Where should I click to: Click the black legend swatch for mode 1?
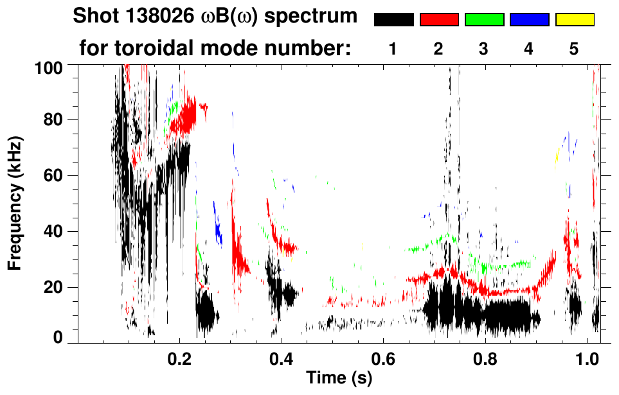tap(393, 20)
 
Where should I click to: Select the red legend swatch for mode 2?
tap(439, 20)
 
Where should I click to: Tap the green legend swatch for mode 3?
tap(484, 20)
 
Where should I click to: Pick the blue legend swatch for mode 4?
tap(529, 20)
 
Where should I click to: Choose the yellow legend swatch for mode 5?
tap(575, 20)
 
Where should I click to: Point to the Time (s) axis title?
tap(338, 378)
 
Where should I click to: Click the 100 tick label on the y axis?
tap(48, 66)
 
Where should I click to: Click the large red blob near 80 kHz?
tap(187, 115)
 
